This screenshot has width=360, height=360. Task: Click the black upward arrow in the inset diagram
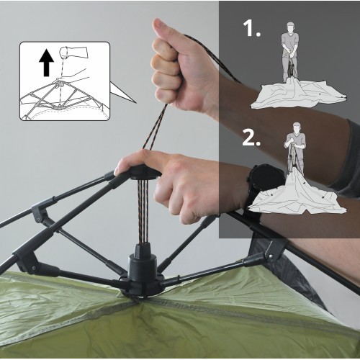[x=47, y=63]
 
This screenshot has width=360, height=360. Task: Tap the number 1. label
[x=251, y=28]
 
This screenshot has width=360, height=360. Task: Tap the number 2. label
[x=251, y=137]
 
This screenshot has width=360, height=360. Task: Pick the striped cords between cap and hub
[x=143, y=211]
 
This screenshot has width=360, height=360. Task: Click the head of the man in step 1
[x=290, y=27]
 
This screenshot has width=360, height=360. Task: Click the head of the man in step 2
[x=297, y=127]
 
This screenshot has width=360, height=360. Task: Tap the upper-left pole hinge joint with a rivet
[x=40, y=211]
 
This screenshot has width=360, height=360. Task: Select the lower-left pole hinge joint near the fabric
[x=27, y=261]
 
